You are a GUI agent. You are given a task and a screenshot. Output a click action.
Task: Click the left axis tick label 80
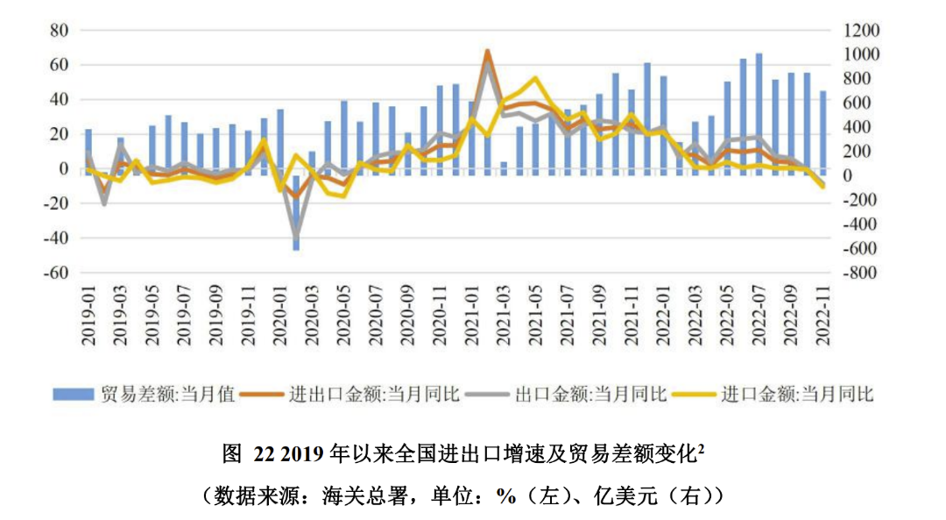point(59,31)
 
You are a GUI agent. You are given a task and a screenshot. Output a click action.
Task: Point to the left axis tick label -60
point(55,273)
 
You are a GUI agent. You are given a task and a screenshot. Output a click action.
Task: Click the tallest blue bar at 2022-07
point(759,114)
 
